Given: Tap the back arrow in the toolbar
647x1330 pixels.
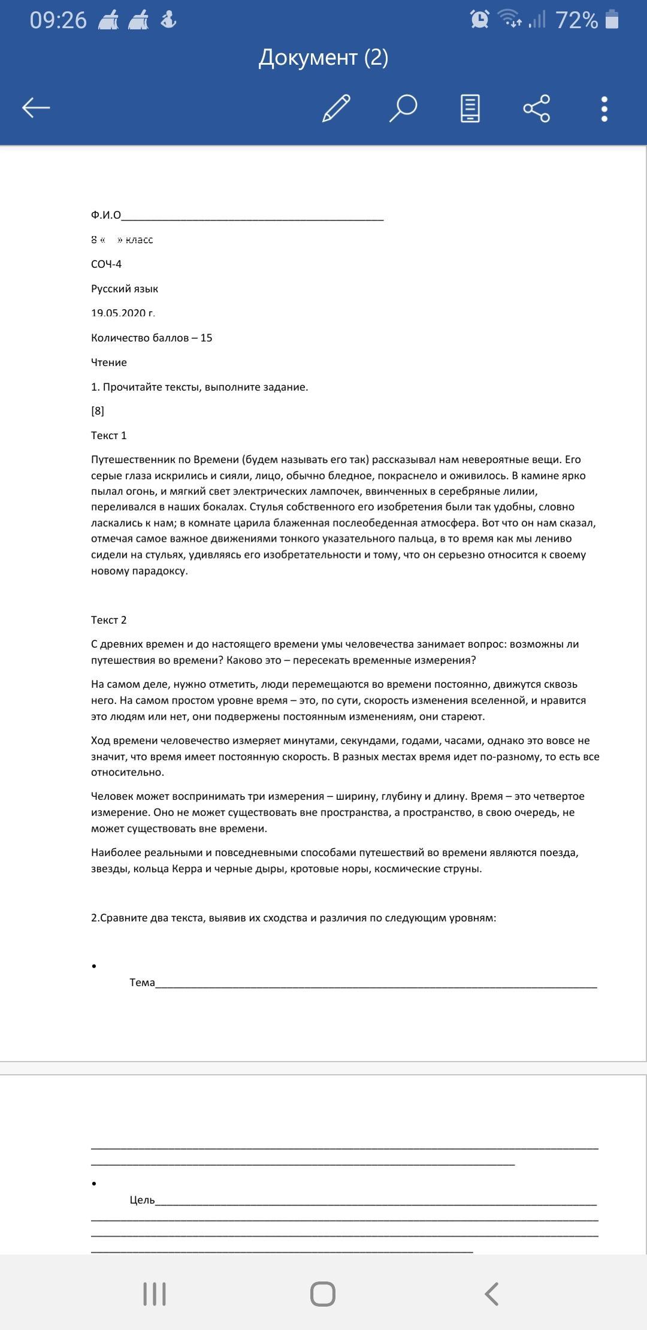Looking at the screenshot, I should (x=36, y=108).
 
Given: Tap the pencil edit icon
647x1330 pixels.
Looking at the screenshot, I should (x=336, y=108).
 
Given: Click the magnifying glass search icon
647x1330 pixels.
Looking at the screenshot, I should (x=403, y=108).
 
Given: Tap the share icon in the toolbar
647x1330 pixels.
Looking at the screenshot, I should (x=536, y=108).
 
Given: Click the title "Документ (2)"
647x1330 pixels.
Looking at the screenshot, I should (x=323, y=58).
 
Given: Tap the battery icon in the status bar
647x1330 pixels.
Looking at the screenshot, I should (x=612, y=20).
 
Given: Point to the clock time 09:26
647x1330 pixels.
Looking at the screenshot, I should (x=58, y=20).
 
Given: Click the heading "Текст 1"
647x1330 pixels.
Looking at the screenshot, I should (x=109, y=436).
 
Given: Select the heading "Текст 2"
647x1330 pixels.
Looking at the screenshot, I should (x=109, y=620).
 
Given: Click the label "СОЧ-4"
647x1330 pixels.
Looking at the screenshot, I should (x=107, y=264).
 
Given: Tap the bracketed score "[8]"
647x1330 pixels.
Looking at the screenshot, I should (x=98, y=411).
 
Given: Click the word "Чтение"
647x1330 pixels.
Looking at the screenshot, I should (x=109, y=362).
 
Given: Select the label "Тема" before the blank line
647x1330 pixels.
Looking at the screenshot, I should (x=142, y=983).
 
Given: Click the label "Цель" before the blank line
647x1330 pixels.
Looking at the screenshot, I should (x=142, y=1200).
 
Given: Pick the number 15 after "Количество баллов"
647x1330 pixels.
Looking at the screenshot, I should (x=206, y=338).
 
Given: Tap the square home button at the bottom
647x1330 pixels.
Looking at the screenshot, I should (x=323, y=1294).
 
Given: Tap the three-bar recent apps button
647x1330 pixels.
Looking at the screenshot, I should (x=155, y=1294).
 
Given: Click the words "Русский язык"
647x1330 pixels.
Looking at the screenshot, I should (x=125, y=289).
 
